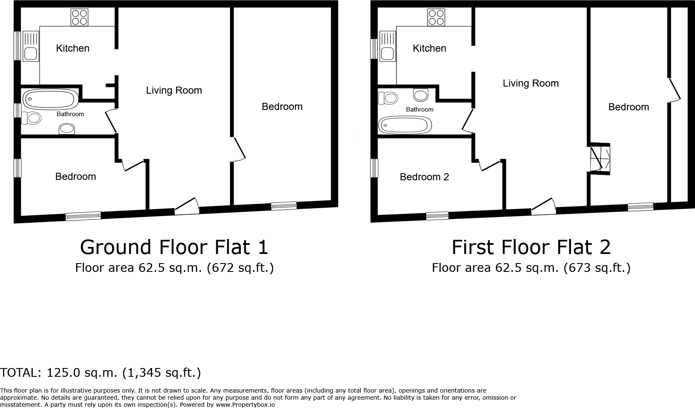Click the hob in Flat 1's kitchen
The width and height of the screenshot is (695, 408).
click(79, 17)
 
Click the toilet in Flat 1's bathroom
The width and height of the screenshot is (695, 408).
click(32, 118)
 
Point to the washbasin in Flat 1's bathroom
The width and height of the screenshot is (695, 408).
click(67, 129)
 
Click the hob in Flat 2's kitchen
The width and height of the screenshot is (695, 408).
click(436, 17)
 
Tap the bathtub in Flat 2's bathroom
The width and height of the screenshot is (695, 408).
click(405, 124)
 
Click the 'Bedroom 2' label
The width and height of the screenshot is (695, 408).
click(424, 177)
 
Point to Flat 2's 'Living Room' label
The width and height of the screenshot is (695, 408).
click(530, 83)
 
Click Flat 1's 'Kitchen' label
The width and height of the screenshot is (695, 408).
click(73, 48)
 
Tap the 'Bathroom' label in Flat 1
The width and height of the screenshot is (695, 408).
click(70, 114)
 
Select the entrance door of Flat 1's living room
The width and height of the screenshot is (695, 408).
click(186, 206)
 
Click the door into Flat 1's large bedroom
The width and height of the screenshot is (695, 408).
click(239, 149)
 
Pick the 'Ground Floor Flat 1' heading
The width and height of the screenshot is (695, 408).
click(174, 247)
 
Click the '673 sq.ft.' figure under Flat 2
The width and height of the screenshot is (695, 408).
click(596, 267)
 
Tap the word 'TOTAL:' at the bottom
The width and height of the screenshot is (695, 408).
click(20, 373)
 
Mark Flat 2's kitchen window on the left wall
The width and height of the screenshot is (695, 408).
click(374, 49)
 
